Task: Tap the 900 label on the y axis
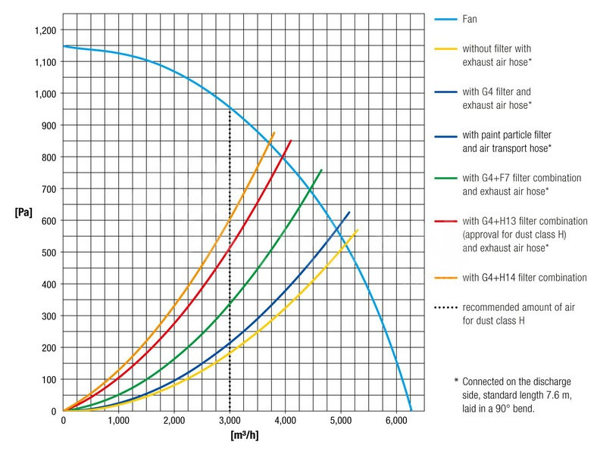tap(48, 126)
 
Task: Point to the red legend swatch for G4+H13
tap(445, 222)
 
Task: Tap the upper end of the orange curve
tap(274, 132)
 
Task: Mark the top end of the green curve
tap(322, 169)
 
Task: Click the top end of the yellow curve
tap(358, 229)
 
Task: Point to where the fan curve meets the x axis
tap(411, 411)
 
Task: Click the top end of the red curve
tap(291, 140)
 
